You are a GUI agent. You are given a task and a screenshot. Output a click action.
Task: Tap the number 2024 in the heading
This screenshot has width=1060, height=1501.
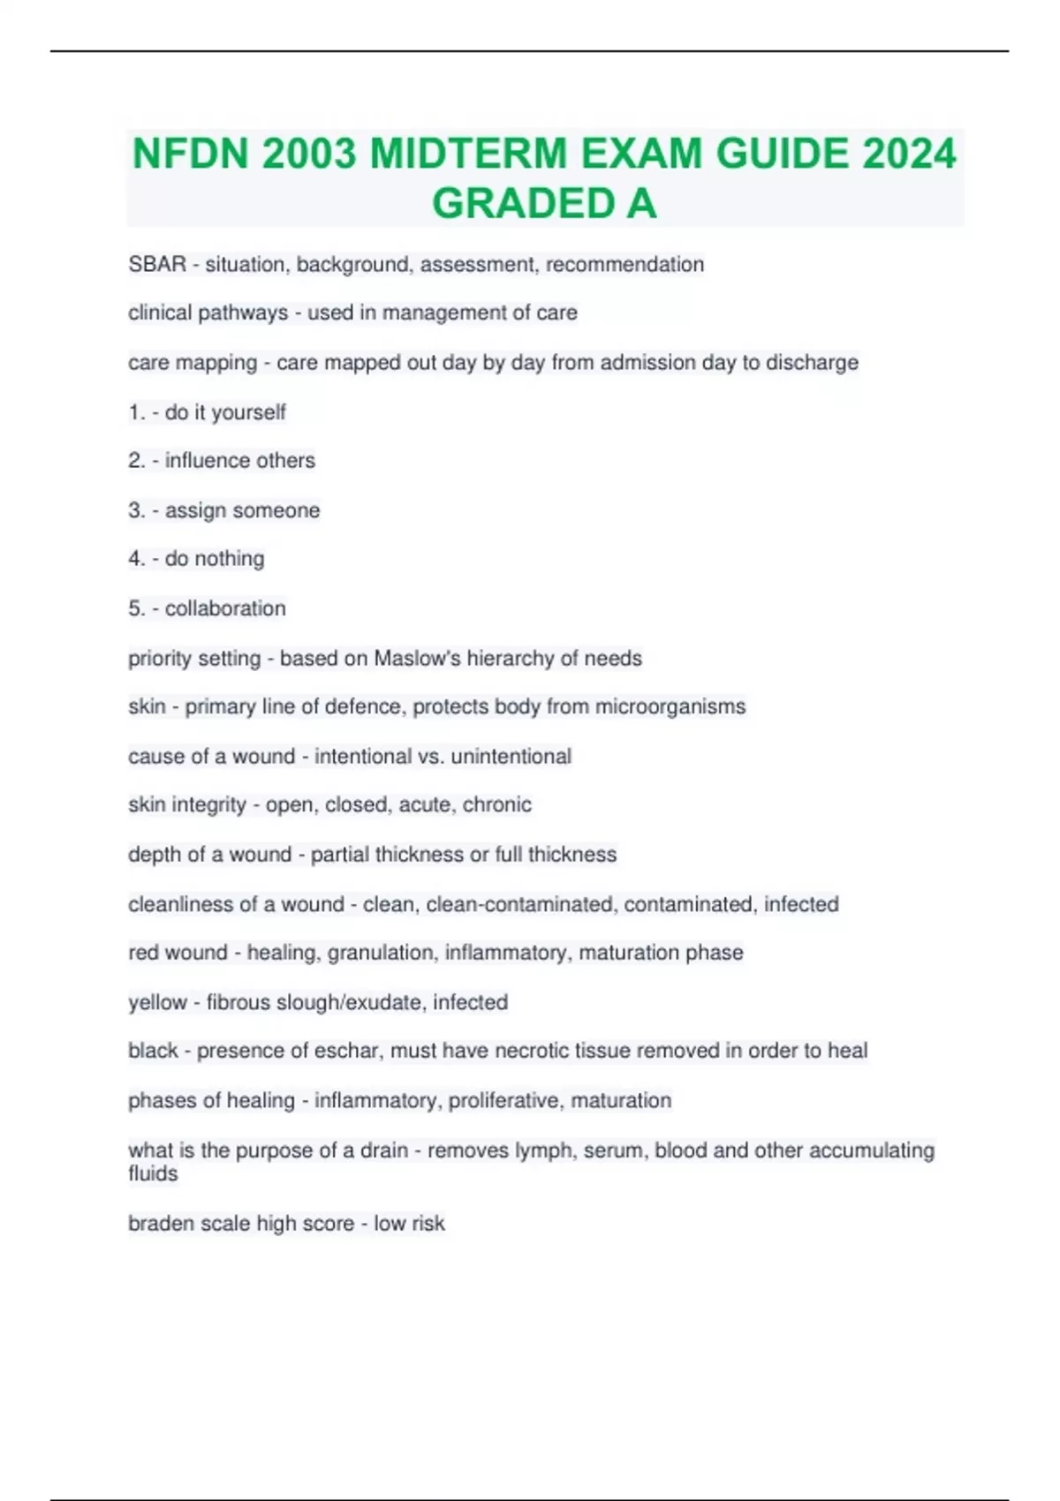coord(909,154)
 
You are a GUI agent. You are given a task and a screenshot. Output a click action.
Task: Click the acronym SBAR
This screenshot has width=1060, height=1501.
coord(157,264)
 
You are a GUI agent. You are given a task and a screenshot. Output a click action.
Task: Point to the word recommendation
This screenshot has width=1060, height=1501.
coord(625,264)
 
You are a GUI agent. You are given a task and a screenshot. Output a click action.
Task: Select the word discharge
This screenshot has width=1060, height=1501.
coord(812,362)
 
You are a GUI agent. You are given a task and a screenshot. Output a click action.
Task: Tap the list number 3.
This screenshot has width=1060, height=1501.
coord(135,510)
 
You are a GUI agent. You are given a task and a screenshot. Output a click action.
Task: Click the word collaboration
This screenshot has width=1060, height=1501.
coord(225,608)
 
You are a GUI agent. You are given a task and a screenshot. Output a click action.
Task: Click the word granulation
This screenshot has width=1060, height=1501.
coord(381,953)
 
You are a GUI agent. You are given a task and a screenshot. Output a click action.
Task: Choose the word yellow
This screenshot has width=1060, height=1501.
coord(157,1002)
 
